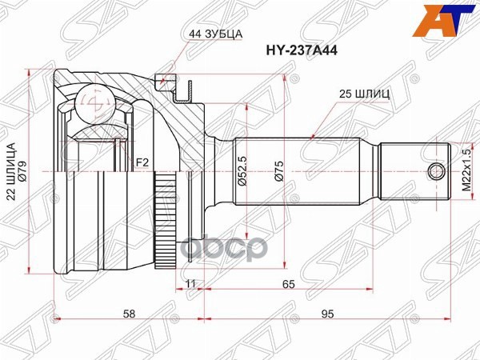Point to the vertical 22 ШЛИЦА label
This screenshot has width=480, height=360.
tap(12, 173)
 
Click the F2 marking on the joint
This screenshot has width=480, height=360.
tap(142, 163)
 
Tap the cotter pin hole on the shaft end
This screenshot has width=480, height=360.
tap(436, 170)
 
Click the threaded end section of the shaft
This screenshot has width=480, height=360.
tap(412, 170)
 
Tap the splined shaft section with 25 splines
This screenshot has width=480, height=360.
tap(304, 170)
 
